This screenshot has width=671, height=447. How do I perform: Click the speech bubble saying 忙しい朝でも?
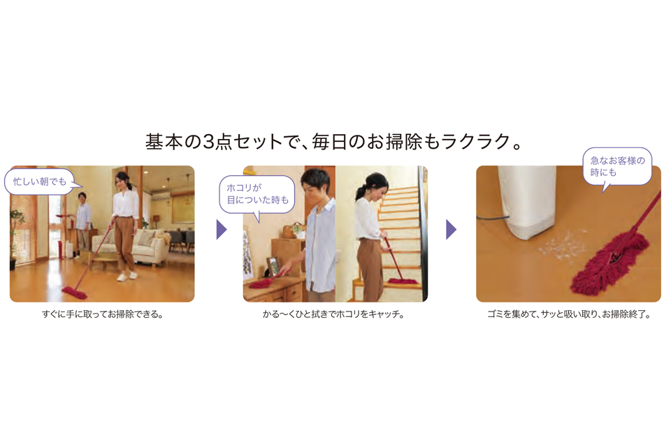[x=39, y=182]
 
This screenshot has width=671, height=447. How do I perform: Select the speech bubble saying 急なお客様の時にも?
[x=617, y=167]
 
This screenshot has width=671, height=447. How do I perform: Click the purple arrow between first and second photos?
[x=222, y=230]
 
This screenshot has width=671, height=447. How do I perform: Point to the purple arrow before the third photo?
[x=451, y=230]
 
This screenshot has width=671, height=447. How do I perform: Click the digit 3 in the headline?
[x=208, y=142]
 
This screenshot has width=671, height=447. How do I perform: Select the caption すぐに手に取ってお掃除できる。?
[x=103, y=314]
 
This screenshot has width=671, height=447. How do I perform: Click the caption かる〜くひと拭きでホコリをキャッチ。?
[x=334, y=314]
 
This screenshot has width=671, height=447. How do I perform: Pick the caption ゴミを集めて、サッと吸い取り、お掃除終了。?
[x=569, y=314]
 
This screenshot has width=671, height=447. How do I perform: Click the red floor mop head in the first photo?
[x=74, y=293]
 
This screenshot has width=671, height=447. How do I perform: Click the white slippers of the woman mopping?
[x=127, y=277]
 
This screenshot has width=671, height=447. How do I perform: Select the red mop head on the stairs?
[x=403, y=281]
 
